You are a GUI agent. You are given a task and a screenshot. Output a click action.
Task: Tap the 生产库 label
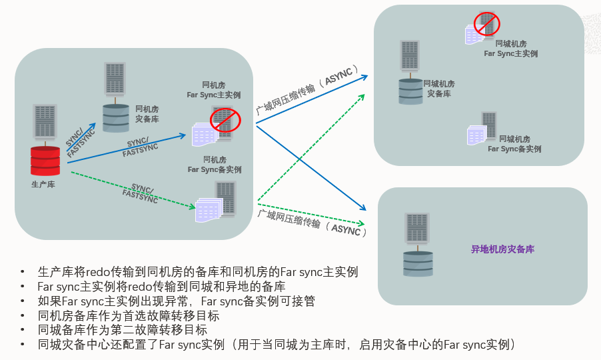click(43, 184)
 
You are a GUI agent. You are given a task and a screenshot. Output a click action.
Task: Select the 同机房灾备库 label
click(147, 114)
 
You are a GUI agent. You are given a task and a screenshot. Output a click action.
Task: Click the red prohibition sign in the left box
click(225, 120)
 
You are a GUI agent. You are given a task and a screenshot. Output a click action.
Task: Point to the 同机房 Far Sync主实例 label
click(213, 90)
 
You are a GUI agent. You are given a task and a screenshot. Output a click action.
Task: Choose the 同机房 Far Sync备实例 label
click(214, 165)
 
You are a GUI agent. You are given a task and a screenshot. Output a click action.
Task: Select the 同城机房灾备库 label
click(439, 89)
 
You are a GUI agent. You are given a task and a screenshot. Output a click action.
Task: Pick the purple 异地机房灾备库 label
click(503, 249)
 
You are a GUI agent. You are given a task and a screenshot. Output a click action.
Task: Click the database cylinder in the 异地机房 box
click(418, 263)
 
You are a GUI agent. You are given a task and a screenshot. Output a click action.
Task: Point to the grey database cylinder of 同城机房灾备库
click(410, 91)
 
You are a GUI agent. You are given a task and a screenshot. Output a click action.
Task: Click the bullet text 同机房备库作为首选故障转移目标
click(129, 315)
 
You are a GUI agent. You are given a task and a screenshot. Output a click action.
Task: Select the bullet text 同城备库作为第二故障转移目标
click(123, 330)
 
